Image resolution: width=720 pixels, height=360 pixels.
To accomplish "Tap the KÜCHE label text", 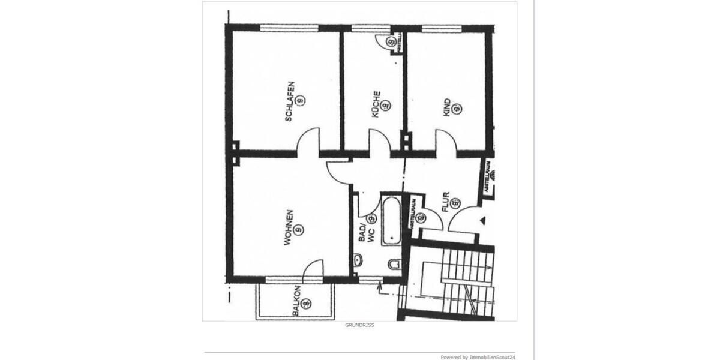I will [376, 104].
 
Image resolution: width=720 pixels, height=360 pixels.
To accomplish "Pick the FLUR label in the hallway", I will [445, 202].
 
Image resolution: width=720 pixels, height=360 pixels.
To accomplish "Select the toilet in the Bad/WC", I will [394, 264].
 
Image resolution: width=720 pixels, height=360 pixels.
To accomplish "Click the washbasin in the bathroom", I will [358, 260].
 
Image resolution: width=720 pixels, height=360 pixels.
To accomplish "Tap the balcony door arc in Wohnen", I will [314, 270].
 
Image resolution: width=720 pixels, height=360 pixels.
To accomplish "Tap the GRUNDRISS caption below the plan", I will [359, 325].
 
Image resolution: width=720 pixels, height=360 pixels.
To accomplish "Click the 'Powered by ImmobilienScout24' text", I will [478, 357].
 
